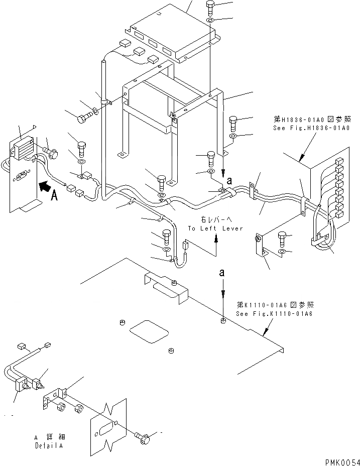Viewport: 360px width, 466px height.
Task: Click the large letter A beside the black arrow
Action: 55,196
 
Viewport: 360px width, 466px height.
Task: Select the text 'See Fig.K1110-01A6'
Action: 274,314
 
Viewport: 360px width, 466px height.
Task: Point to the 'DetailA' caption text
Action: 49,445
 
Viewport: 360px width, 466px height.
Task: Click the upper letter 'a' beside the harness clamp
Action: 229,179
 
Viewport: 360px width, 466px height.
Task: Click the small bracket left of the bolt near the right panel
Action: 261,245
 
